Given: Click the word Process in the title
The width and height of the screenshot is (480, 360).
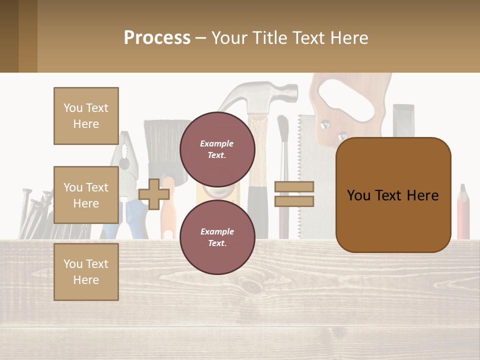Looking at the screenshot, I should [157, 37].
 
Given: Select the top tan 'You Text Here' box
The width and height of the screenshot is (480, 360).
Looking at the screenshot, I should [86, 116].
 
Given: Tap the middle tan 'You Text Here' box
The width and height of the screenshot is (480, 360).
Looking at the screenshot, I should [86, 195].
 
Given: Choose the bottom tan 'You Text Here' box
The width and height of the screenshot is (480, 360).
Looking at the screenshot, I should [86, 272].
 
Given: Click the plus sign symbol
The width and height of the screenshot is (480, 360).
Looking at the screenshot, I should [154, 194].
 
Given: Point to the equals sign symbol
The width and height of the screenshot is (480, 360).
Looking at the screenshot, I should [294, 194].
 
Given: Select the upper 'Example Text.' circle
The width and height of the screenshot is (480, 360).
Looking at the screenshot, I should [217, 149].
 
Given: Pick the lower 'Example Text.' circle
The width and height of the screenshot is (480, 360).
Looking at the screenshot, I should [217, 237].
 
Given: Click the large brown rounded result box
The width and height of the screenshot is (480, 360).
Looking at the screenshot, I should [393, 195].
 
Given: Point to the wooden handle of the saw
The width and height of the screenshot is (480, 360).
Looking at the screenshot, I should [350, 100].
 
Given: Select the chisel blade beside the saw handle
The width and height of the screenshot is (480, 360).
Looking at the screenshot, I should [403, 120].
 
